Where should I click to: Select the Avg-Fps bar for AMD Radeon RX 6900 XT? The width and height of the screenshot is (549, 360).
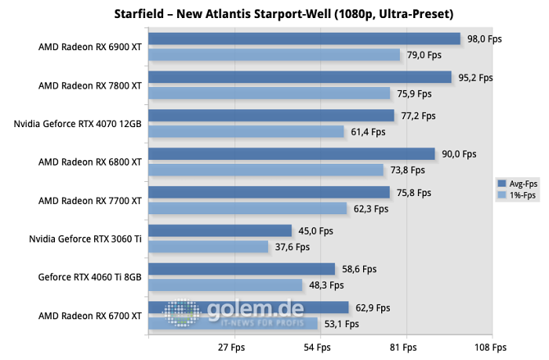pos(304,38)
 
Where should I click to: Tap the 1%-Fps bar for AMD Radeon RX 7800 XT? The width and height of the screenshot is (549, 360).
pos(268,93)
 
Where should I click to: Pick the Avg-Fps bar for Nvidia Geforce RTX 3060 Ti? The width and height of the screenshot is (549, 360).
pos(219,231)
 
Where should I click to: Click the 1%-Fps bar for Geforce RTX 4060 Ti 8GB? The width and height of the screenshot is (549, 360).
pos(224,285)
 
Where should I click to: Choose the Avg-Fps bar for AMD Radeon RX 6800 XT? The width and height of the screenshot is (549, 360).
pos(291,154)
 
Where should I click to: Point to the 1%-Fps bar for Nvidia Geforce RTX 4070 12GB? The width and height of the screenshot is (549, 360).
pos(245,132)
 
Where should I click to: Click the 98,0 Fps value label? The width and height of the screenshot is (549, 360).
pos(482,38)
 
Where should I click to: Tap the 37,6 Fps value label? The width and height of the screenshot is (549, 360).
pos(292,246)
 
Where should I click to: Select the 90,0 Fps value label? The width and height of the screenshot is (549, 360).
pos(458,154)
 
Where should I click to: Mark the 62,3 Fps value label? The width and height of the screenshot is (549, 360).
pos(370,209)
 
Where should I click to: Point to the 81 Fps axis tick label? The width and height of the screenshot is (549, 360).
pos(405,347)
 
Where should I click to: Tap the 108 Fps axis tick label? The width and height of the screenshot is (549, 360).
pos(490,347)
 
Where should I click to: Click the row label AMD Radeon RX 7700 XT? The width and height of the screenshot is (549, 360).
pos(90,201)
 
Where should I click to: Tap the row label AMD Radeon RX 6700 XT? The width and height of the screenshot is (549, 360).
pos(90,315)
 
